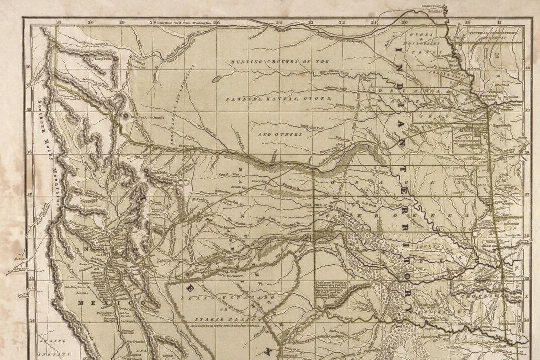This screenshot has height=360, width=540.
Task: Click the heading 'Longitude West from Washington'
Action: [x=184, y=23]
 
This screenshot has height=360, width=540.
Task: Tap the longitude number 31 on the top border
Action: [x=59, y=22]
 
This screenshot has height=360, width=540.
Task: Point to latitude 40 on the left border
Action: [x=28, y=66]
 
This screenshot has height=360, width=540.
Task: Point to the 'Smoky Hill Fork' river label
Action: [x=311, y=126]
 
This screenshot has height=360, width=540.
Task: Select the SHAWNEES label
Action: [x=452, y=116]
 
